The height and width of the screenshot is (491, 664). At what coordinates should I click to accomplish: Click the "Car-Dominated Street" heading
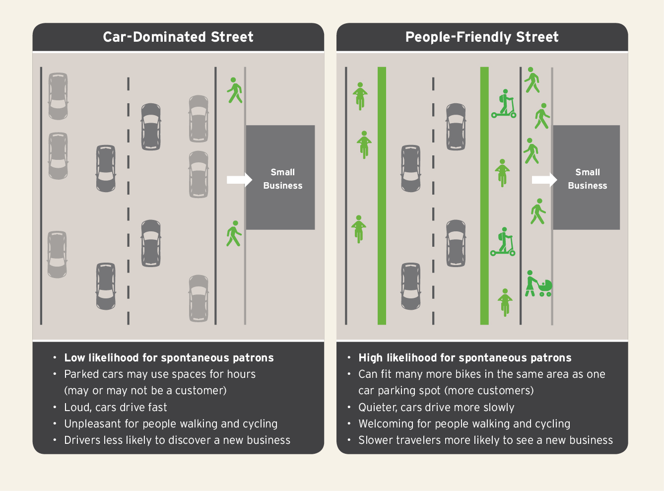pyautogui.click(x=178, y=37)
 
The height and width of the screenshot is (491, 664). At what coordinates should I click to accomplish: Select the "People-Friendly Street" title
pyautogui.click(x=482, y=37)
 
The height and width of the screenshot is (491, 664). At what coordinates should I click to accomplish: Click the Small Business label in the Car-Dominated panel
pyautogui.click(x=282, y=179)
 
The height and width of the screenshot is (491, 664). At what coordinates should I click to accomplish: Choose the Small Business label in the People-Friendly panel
pyautogui.click(x=587, y=179)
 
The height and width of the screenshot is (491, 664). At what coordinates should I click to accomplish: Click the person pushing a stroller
pyautogui.click(x=538, y=284)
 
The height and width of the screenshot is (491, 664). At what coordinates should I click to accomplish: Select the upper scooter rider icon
pyautogui.click(x=504, y=104)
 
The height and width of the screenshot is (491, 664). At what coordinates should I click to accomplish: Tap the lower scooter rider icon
pyautogui.click(x=503, y=242)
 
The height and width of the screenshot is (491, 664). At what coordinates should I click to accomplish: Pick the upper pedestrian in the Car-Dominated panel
pyautogui.click(x=234, y=90)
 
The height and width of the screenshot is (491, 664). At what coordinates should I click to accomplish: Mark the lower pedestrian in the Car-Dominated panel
pyautogui.click(x=234, y=233)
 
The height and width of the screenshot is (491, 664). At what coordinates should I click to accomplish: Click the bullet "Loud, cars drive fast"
pyautogui.click(x=116, y=408)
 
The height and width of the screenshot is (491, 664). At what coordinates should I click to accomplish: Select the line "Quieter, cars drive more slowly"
pyautogui.click(x=436, y=408)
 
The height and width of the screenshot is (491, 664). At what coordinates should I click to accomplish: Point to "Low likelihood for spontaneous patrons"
pyautogui.click(x=169, y=358)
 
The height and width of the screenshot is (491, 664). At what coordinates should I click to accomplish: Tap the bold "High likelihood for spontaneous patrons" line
pyautogui.click(x=465, y=358)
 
